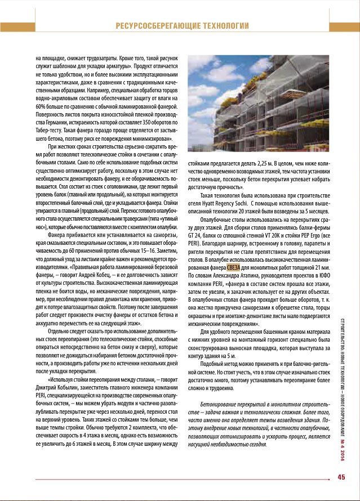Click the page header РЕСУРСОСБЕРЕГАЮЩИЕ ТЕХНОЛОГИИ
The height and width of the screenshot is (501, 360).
(182, 26)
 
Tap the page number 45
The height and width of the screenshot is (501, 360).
(341, 478)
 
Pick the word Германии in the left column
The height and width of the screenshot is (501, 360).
(47, 122)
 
